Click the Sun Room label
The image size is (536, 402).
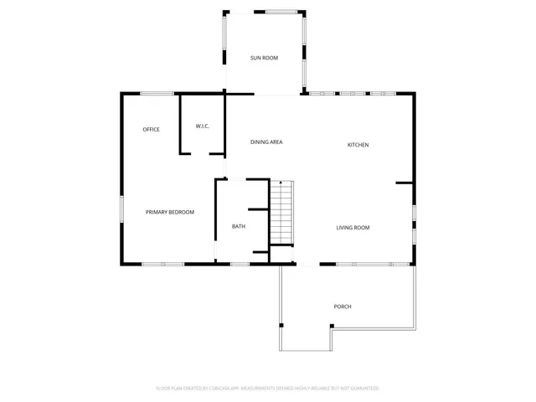click(264, 58)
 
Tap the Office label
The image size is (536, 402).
click(151, 129)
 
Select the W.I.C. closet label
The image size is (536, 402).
click(202, 126)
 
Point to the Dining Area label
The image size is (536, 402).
click(266, 142)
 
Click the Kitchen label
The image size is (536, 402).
click(358, 145)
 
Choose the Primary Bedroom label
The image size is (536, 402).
click(170, 212)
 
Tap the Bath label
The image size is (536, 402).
click(239, 226)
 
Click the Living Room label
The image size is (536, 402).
click(353, 228)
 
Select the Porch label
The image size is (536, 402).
click(343, 307)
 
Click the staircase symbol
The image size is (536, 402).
click(282, 214)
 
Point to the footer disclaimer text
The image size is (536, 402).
click(267, 389)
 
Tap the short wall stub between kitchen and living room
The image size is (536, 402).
click(404, 182)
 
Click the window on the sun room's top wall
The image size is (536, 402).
click(280, 11)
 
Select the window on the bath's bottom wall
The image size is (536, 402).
click(240, 264)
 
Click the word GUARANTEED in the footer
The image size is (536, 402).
click(364, 389)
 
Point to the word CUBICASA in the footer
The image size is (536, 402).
click(219, 389)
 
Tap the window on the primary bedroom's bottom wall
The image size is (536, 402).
click(152, 264)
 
